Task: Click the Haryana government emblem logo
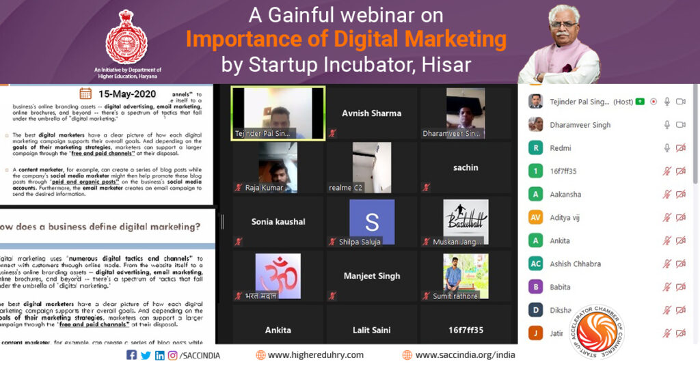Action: pyautogui.click(x=126, y=38)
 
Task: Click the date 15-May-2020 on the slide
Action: pyautogui.click(x=127, y=94)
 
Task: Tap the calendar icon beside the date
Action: pyautogui.click(x=85, y=94)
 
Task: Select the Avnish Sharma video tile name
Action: pyautogui.click(x=371, y=113)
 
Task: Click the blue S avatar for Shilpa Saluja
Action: pyautogui.click(x=372, y=222)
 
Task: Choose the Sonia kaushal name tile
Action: pyautogui.click(x=278, y=222)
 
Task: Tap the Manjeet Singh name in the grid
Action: pyautogui.click(x=371, y=276)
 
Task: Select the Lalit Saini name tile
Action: pyautogui.click(x=371, y=330)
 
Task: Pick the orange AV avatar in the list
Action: pyautogui.click(x=536, y=217)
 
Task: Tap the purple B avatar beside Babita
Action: pyautogui.click(x=536, y=287)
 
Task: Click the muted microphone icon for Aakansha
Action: pyautogui.click(x=667, y=194)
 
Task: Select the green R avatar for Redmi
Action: pyautogui.click(x=536, y=147)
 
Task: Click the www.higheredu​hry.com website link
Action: pyautogui.click(x=315, y=355)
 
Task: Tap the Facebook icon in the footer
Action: pyautogui.click(x=131, y=355)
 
